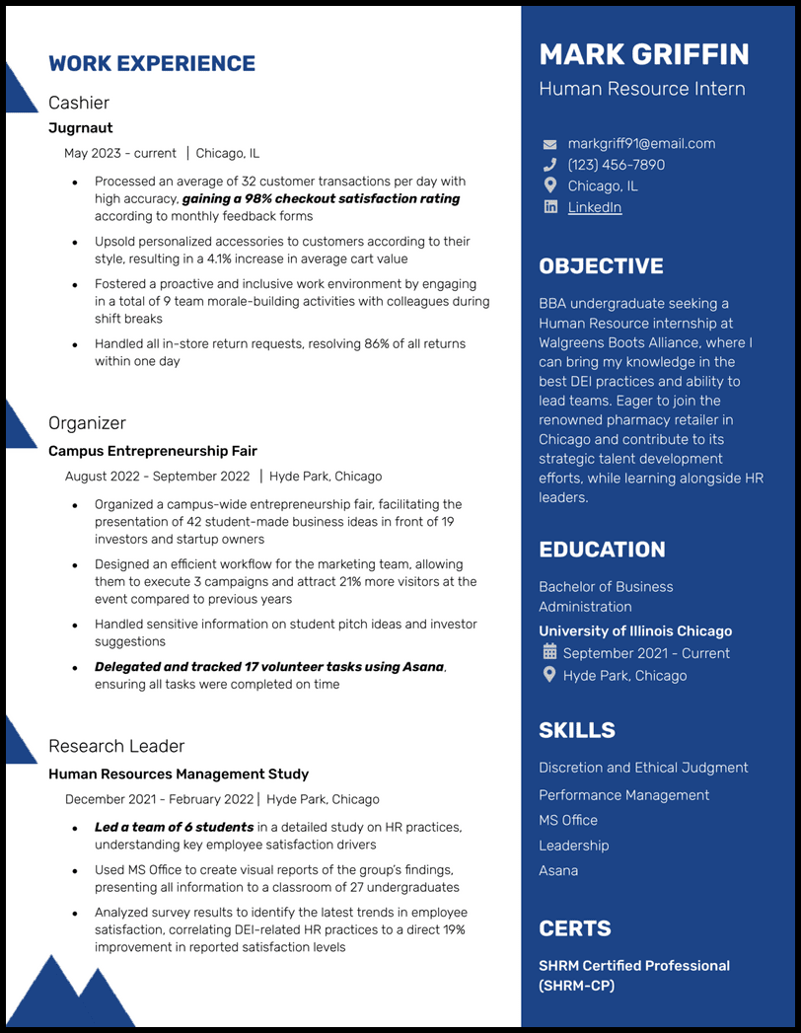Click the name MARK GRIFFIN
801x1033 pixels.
(643, 54)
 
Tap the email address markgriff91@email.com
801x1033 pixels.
(641, 144)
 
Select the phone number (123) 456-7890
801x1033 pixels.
(616, 165)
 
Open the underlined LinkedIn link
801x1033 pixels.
(594, 207)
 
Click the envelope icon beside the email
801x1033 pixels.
(550, 145)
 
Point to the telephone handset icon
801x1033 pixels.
(550, 165)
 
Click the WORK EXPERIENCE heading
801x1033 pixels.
(152, 64)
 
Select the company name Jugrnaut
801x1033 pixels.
(81, 128)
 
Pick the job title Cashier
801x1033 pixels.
(79, 103)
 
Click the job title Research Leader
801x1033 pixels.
(116, 746)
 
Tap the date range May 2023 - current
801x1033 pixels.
(120, 153)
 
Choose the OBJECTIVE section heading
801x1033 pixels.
(601, 266)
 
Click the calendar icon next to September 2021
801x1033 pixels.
(550, 652)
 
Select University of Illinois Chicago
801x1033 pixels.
(635, 631)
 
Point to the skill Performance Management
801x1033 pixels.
(623, 795)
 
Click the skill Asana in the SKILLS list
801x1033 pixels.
(558, 870)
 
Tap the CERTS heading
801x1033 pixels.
(575, 928)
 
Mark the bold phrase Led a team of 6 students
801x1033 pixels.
(174, 827)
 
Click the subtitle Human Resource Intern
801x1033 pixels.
(642, 89)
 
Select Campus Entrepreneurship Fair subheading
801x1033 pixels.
(153, 451)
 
